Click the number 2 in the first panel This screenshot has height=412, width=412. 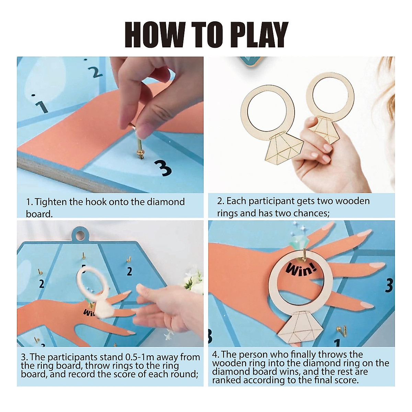click(95, 72)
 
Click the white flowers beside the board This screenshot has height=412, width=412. click(192, 282)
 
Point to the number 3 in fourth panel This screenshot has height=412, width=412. click(389, 285)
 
